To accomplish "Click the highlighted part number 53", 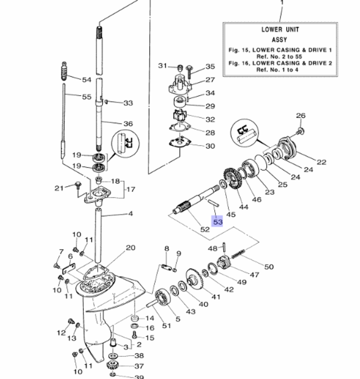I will coord(218,222).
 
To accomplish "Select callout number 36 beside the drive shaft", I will coord(128,123).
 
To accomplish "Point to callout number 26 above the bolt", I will coord(301,116).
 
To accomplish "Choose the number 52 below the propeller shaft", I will coord(205,229).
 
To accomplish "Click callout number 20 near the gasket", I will coord(130,248).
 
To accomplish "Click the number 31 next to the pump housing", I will coord(163,66).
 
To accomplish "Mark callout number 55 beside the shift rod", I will coord(87,97).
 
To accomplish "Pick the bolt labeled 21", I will coord(76,185).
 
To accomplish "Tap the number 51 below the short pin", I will coord(167,325).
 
